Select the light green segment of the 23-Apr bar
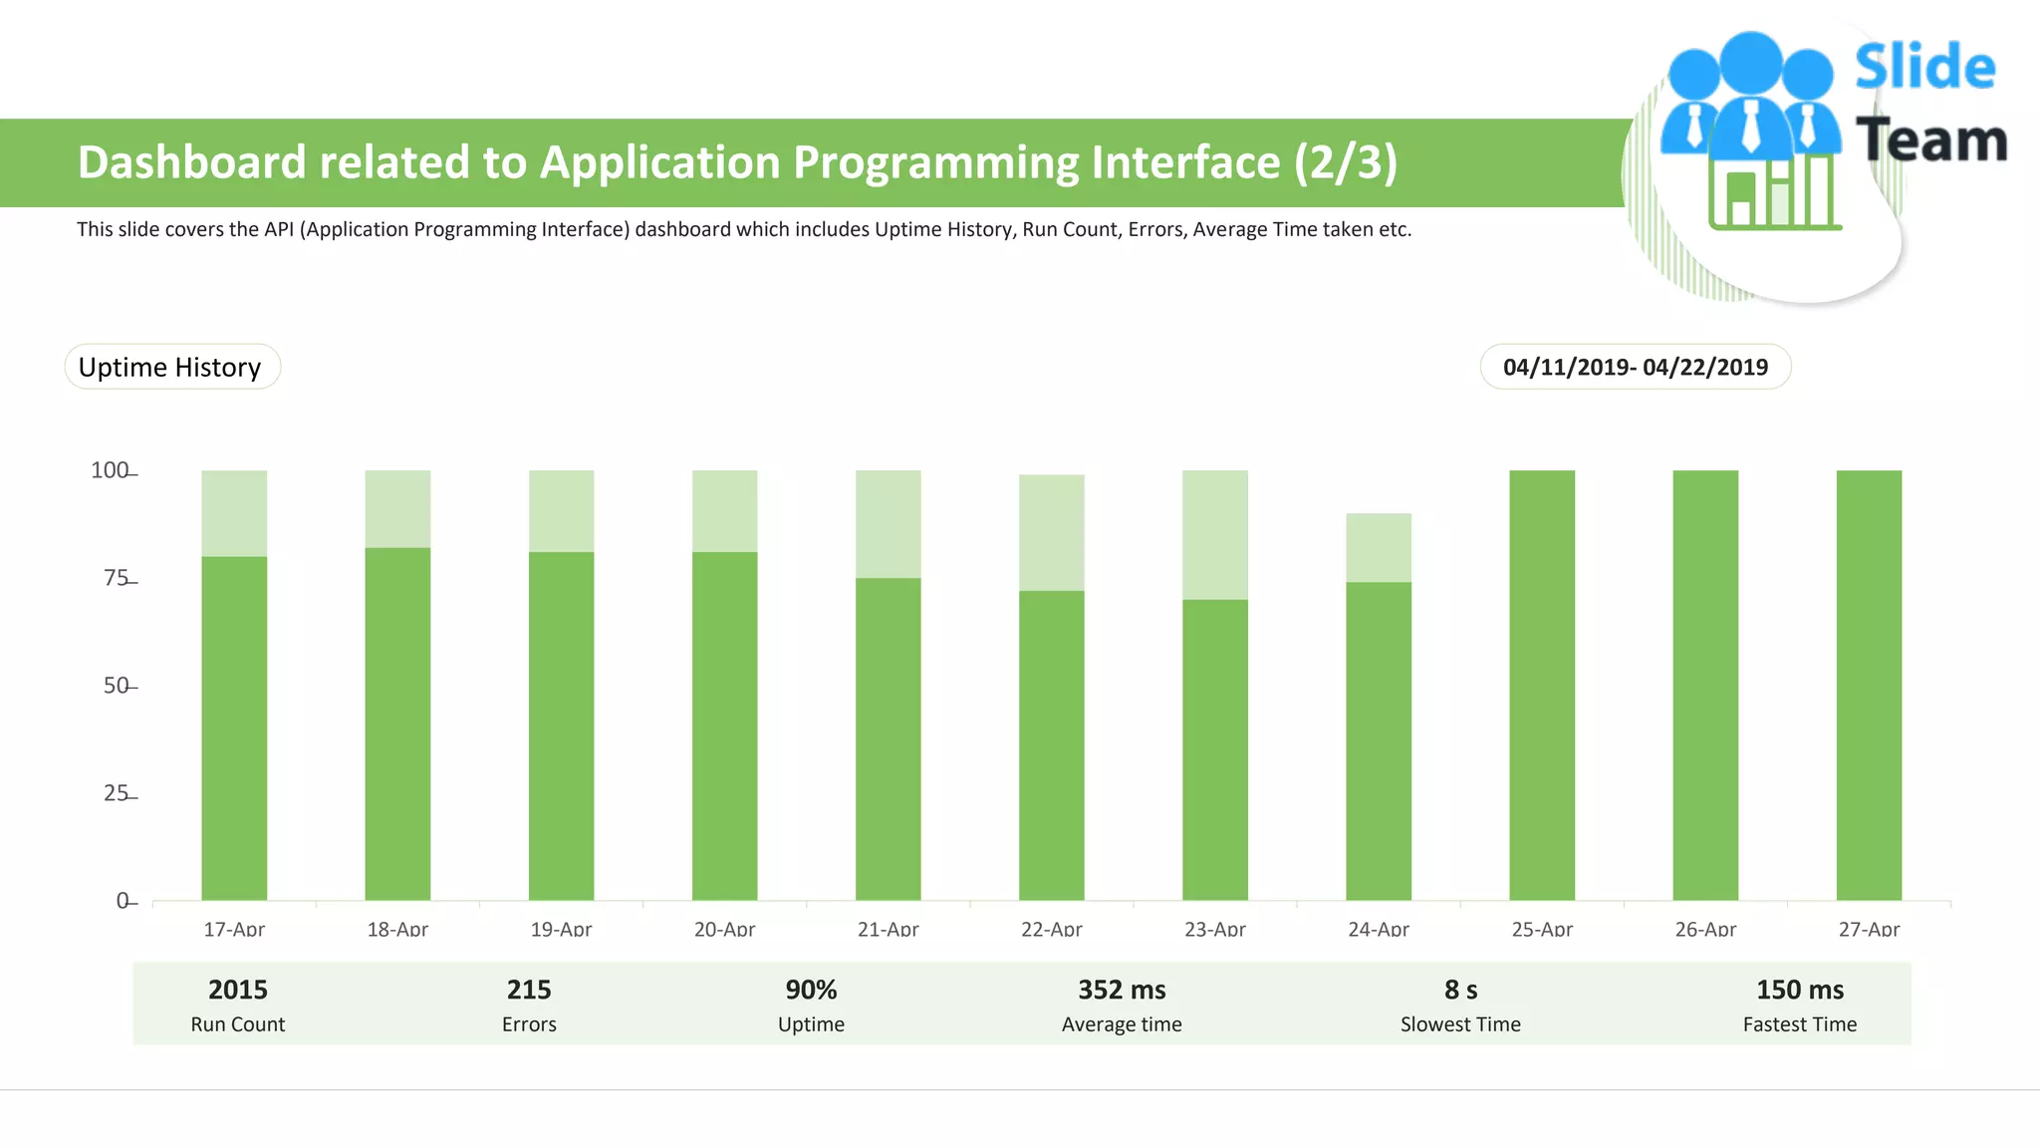[x=1214, y=535]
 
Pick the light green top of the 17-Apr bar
[x=234, y=513]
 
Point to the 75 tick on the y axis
[x=118, y=579]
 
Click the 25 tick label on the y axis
[x=117, y=793]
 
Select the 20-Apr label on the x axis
[x=724, y=929]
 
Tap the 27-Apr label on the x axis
[x=1868, y=929]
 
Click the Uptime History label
[x=170, y=367]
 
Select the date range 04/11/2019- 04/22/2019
[x=1635, y=367]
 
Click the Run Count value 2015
[x=237, y=990]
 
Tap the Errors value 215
[x=528, y=990]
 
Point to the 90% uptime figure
[x=811, y=990]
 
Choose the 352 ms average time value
[x=1122, y=990]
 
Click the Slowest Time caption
[x=1460, y=1024]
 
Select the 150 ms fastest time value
[x=1799, y=990]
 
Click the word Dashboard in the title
[x=191, y=162]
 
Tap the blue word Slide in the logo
[x=1924, y=68]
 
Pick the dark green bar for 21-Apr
[x=888, y=738]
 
